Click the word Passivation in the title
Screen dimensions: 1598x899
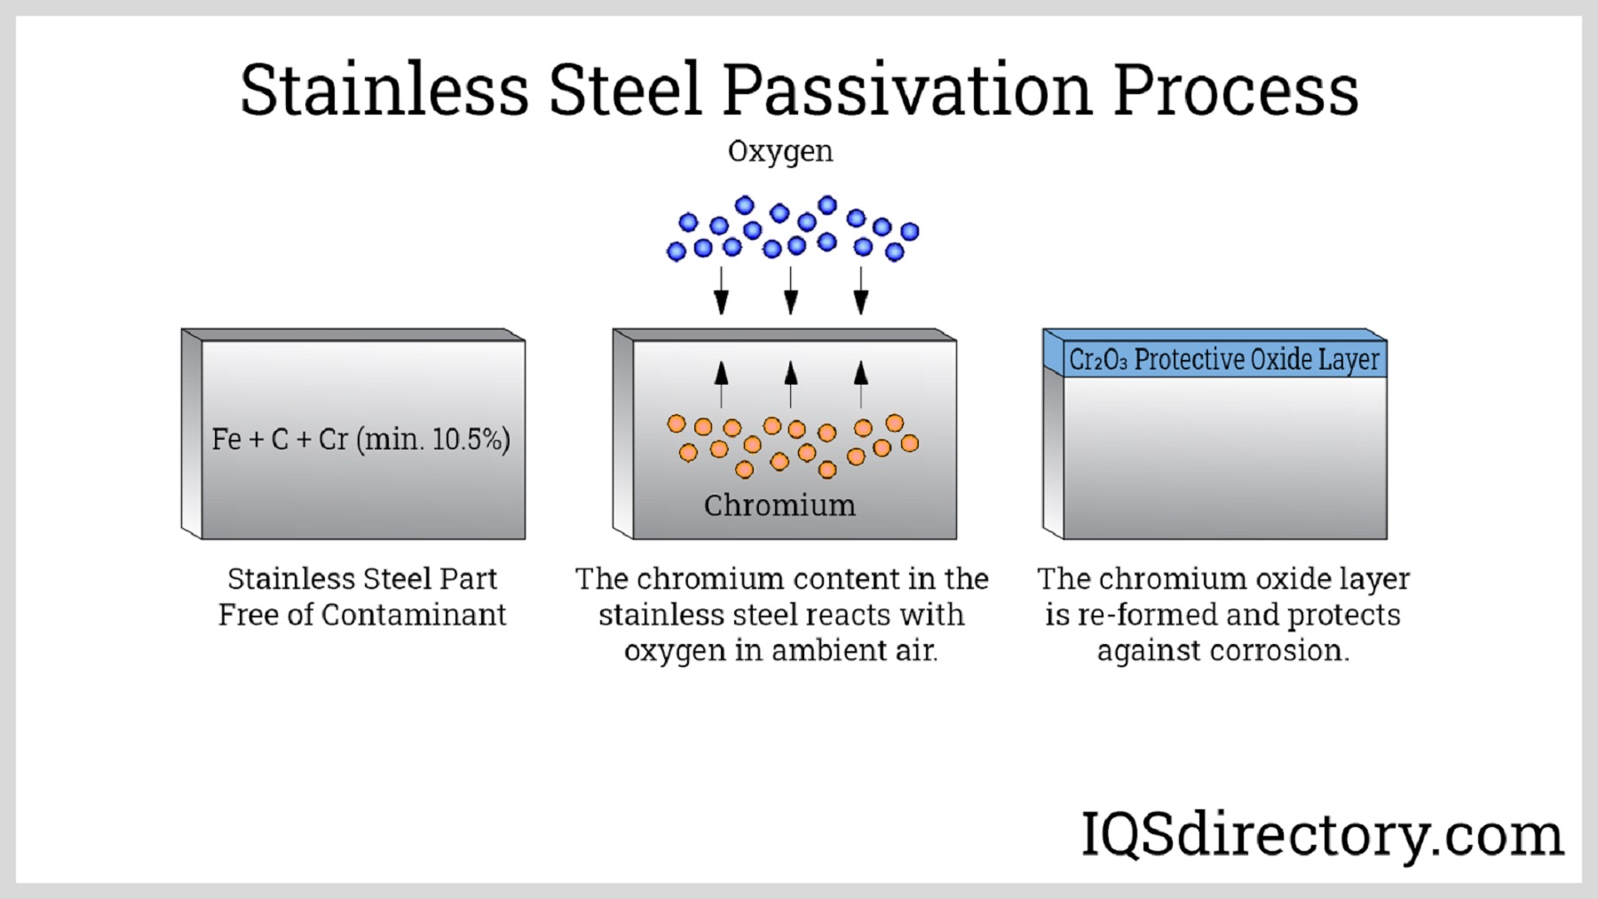click(x=906, y=90)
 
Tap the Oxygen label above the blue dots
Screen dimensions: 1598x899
click(x=780, y=152)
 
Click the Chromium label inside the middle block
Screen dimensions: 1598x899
click(x=779, y=505)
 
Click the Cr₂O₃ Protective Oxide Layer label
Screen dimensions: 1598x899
click(x=1224, y=359)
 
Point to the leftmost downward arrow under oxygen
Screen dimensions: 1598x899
click(x=722, y=290)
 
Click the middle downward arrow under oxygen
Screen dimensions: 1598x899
click(x=791, y=290)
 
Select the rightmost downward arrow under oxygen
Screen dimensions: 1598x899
click(x=860, y=290)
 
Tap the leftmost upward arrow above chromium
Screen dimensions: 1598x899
click(x=722, y=384)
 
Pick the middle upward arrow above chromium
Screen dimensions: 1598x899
click(x=791, y=384)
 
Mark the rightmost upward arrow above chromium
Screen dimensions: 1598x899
click(x=860, y=384)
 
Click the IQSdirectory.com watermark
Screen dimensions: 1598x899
click(x=1322, y=835)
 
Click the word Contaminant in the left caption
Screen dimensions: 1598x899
click(x=414, y=615)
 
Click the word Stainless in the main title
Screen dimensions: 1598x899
click(x=384, y=90)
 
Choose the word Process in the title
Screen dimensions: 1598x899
click(x=1236, y=90)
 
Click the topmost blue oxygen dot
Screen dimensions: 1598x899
click(x=827, y=205)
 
